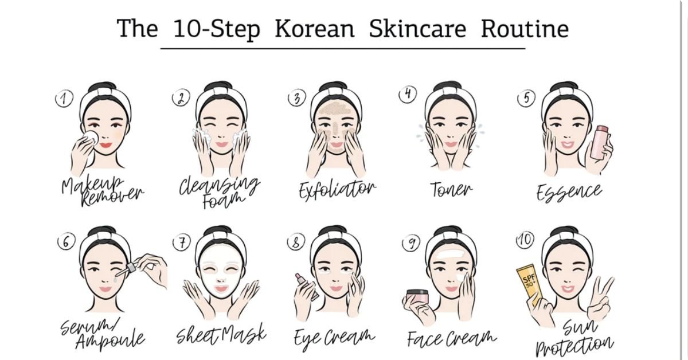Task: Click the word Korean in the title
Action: pos(314,29)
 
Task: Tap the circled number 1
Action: pos(64,99)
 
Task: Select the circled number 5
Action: pos(526,98)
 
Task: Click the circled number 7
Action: pos(181,242)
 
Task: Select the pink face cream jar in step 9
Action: pos(417,298)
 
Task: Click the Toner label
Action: pos(451,190)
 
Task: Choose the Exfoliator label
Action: pos(337,189)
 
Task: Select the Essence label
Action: pos(569,191)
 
